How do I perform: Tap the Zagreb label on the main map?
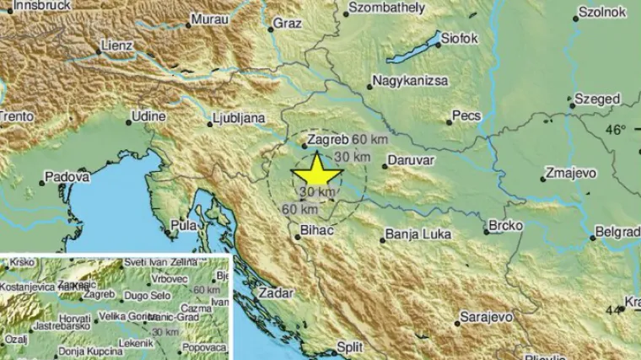[329, 138]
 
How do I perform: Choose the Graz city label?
[288, 23]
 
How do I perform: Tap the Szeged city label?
[596, 99]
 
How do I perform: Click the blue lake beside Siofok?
[418, 49]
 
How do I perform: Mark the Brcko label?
[508, 226]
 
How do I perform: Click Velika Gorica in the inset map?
[127, 316]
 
